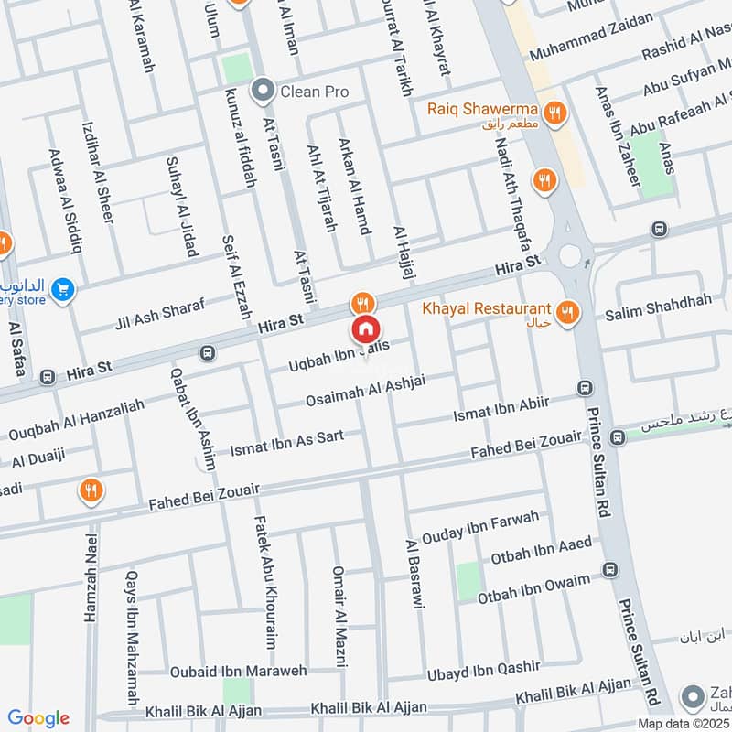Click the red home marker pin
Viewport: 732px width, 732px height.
365,329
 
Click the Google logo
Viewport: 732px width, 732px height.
38,718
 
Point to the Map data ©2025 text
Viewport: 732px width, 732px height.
683,724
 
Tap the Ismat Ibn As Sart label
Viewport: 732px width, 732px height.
287,442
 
